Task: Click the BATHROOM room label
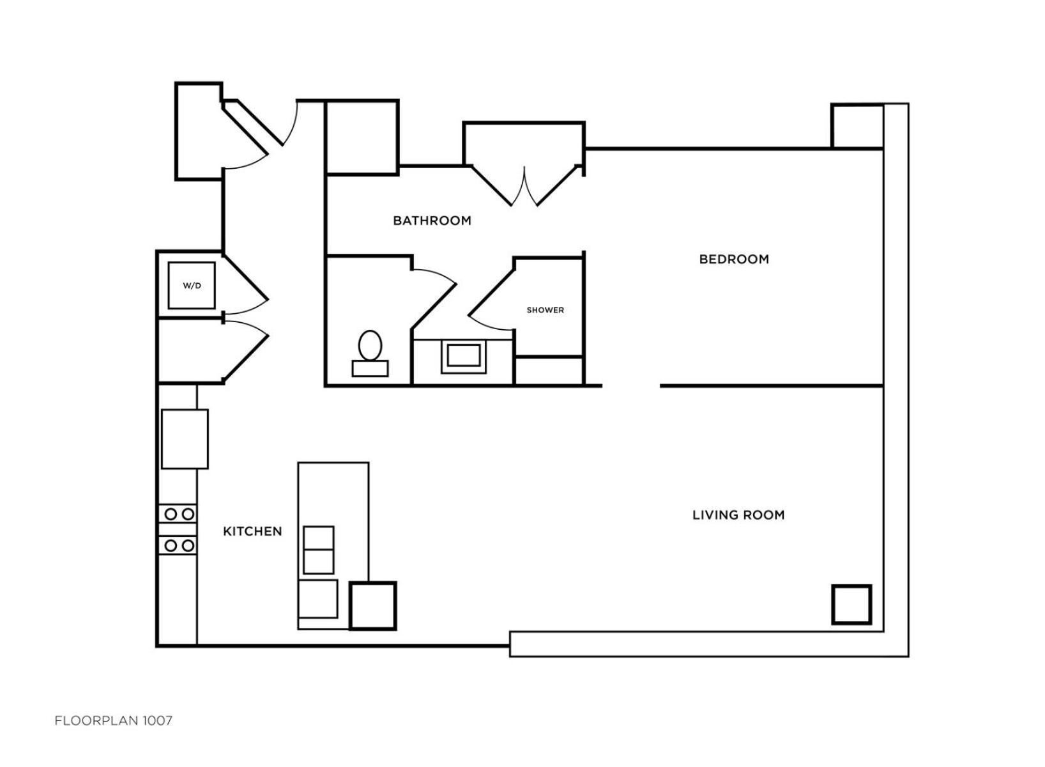pyautogui.click(x=432, y=221)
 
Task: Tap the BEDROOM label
pyautogui.click(x=734, y=259)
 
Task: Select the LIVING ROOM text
pyautogui.click(x=738, y=515)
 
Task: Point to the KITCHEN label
pyautogui.click(x=252, y=531)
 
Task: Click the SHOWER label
pyautogui.click(x=545, y=310)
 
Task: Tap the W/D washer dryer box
pyautogui.click(x=192, y=286)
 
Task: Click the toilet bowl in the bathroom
pyautogui.click(x=370, y=345)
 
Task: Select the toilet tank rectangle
pyautogui.click(x=370, y=368)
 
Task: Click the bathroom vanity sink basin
pyautogui.click(x=464, y=356)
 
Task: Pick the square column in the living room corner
pyautogui.click(x=852, y=605)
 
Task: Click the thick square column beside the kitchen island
pyautogui.click(x=373, y=606)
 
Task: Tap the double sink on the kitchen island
pyautogui.click(x=319, y=550)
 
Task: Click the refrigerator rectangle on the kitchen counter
pyautogui.click(x=185, y=439)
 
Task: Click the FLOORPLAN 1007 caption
pyautogui.click(x=113, y=721)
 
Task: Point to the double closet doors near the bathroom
pyautogui.click(x=524, y=186)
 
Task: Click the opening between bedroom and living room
pyautogui.click(x=630, y=386)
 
